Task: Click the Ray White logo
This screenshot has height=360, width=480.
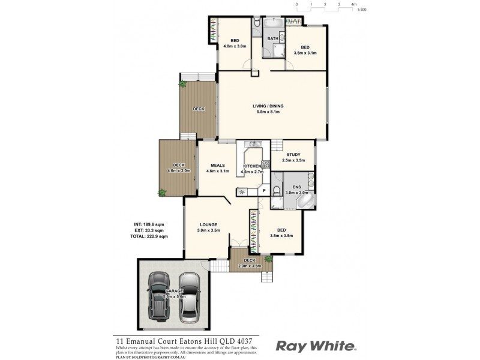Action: [x=316, y=346]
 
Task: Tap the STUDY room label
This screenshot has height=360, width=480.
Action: [x=293, y=154]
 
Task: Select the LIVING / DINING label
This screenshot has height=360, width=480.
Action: [x=268, y=106]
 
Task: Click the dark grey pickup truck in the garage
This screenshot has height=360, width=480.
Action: [x=159, y=295]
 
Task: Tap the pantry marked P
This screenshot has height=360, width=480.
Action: [x=264, y=191]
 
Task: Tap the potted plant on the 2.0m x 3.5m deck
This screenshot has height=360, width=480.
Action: [x=268, y=259]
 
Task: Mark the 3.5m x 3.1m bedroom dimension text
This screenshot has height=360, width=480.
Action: [x=305, y=53]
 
